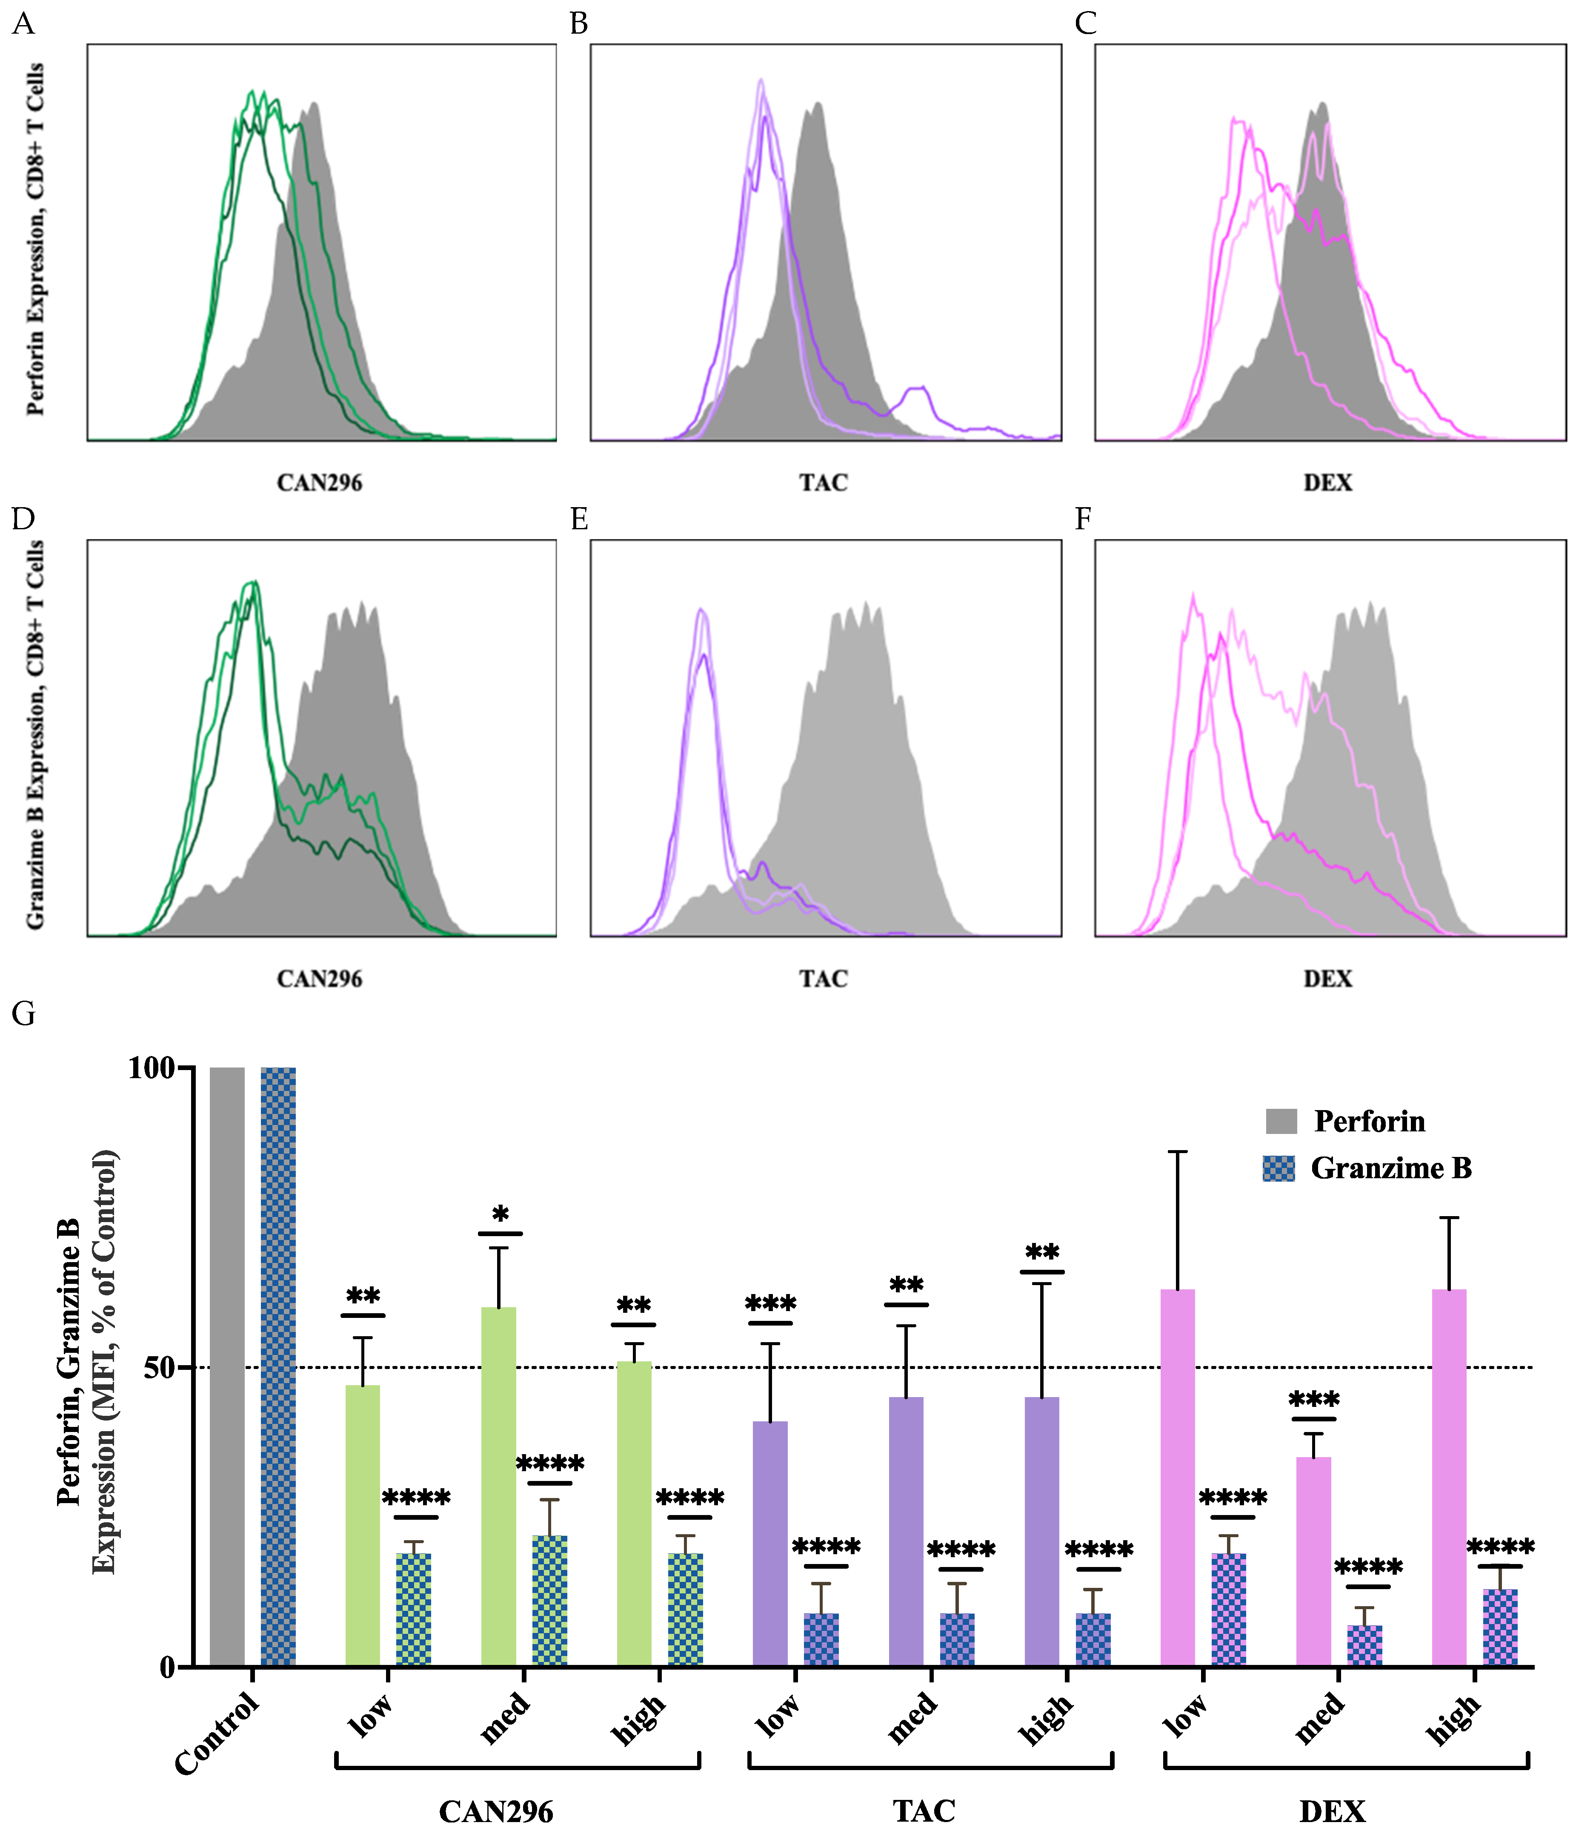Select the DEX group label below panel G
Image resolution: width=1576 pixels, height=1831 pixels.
[1332, 1811]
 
